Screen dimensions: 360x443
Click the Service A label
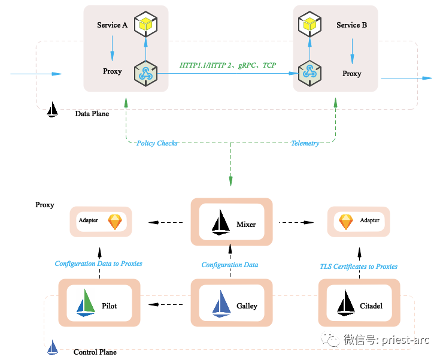[112, 25]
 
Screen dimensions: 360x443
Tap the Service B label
[351, 25]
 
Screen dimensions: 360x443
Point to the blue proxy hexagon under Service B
[309, 73]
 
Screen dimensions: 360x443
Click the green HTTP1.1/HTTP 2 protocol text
[228, 65]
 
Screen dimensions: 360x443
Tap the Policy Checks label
[157, 144]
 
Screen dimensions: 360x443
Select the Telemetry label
[305, 144]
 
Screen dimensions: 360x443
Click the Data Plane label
[92, 113]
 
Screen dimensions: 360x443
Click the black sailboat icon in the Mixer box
[221, 223]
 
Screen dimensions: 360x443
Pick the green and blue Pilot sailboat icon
[86, 303]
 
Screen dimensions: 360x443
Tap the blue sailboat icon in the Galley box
[221, 304]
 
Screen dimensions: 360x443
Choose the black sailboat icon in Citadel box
[346, 303]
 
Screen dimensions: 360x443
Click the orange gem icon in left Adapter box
[114, 222]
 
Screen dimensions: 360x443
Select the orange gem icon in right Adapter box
[346, 222]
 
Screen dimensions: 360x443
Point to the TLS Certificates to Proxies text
[359, 267]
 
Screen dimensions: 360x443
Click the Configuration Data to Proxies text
[98, 264]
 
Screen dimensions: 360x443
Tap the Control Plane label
[95, 352]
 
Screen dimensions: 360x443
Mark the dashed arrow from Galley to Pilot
[166, 305]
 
